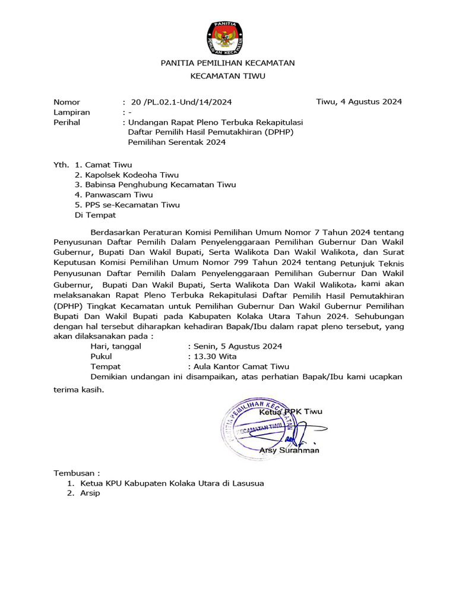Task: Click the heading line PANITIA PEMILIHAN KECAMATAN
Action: coord(228,62)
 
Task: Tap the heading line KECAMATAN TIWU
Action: coord(228,76)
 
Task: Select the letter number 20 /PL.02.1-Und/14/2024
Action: coord(180,102)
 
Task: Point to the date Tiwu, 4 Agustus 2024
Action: coord(359,102)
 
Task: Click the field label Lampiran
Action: coord(72,112)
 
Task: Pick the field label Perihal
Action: coord(67,122)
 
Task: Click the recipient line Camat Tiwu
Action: coord(108,164)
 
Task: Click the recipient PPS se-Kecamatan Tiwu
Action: coord(132,205)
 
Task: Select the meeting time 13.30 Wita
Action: coord(214,356)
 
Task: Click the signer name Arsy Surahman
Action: coord(289,450)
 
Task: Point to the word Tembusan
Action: coord(74,473)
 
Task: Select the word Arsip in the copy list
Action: coord(91,493)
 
